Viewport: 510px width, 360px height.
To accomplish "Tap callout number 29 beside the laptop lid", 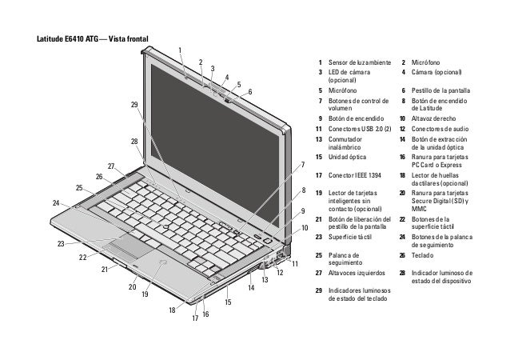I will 133,105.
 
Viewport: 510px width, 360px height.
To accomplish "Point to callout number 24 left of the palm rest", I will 55,203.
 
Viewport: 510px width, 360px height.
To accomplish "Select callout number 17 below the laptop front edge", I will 194,318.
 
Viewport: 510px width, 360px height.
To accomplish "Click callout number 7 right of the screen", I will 303,166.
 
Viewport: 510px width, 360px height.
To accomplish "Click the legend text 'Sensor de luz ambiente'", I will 358,62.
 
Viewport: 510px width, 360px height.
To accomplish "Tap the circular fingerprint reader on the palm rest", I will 162,262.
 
